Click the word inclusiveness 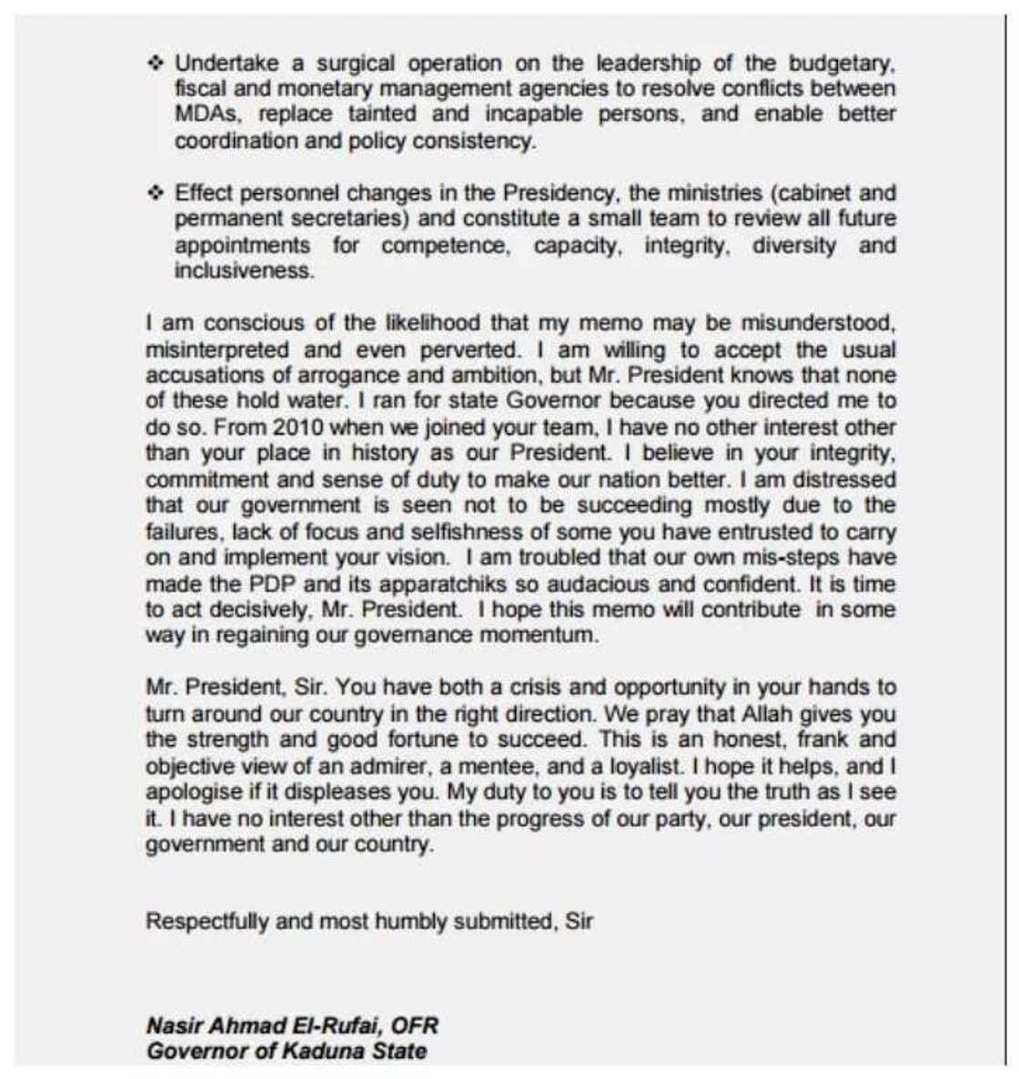[244, 271]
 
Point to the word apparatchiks [394, 583]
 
